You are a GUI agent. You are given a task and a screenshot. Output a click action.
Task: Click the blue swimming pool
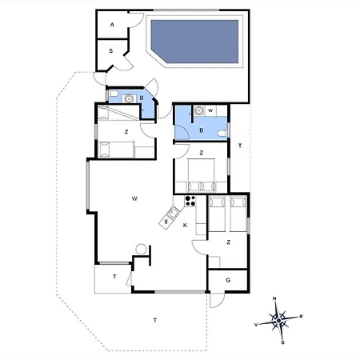tap(194, 42)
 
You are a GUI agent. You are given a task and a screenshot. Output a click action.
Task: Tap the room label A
tap(112, 25)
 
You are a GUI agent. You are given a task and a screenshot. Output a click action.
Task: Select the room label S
tap(111, 50)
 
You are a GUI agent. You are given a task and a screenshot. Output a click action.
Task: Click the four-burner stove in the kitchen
tap(190, 201)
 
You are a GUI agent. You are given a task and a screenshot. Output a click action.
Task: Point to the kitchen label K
tap(185, 226)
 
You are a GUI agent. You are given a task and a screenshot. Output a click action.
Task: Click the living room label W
tap(134, 198)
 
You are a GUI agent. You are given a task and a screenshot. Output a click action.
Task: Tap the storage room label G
tap(228, 280)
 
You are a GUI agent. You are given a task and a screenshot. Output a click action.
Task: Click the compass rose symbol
tap(278, 320)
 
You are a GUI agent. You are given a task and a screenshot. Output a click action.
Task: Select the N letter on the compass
tap(274, 298)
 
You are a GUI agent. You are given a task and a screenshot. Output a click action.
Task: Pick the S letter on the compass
tap(282, 342)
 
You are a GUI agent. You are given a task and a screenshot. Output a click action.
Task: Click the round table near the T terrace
tap(141, 250)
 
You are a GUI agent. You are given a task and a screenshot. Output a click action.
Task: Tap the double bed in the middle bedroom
tap(202, 175)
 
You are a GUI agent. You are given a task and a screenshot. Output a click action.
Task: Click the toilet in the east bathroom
tap(222, 133)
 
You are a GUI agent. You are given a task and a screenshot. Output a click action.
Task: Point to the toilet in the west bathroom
tap(114, 94)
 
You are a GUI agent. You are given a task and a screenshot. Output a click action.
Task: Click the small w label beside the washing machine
tap(210, 110)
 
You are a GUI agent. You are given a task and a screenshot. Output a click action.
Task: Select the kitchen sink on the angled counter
tap(172, 213)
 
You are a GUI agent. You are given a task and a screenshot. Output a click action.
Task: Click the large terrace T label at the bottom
tap(155, 320)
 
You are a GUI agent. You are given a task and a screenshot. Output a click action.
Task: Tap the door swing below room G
tap(218, 301)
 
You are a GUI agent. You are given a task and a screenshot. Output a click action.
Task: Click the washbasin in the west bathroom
tap(129, 98)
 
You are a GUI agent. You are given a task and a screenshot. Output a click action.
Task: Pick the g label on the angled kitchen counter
tap(166, 221)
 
